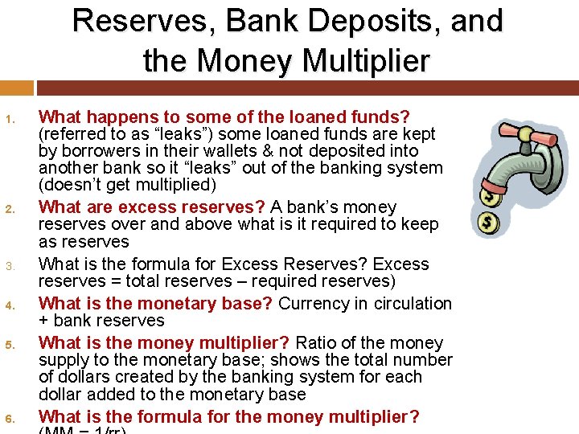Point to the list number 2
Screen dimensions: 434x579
point(10,210)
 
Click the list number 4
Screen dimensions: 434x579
point(10,305)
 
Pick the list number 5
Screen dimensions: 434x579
point(10,345)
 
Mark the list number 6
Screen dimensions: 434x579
point(10,419)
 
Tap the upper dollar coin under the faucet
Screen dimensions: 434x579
point(487,194)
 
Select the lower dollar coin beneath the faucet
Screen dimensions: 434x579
point(487,224)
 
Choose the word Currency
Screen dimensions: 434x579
point(312,303)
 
